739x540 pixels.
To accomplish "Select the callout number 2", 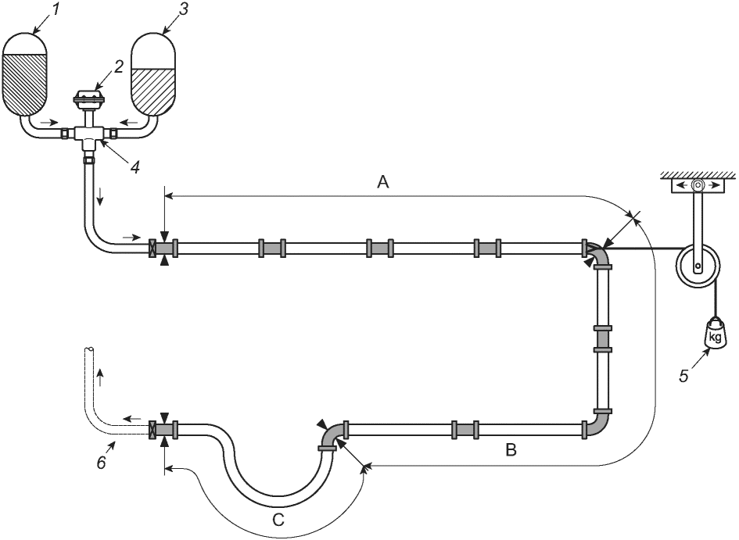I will pos(117,66).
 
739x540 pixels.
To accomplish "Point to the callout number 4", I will pos(135,166).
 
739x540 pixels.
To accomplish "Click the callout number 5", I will pos(683,376).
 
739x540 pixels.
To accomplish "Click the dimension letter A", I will pos(382,181).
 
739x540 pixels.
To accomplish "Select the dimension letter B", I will pos(511,450).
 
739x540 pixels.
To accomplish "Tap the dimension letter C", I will pos(278,519).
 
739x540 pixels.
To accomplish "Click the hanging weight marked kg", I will pos(715,335).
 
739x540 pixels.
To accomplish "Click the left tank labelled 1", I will pos(26,74).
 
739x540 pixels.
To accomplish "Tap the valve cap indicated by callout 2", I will pos(88,99).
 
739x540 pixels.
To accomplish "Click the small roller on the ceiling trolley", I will pos(698,186).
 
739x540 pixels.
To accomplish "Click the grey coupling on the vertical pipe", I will pos(602,339).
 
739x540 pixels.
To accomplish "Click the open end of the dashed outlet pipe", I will pos(89,350).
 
